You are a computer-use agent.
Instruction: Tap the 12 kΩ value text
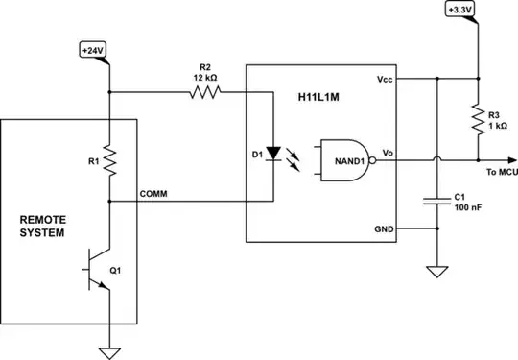tap(205, 76)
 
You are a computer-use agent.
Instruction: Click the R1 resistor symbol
tap(110, 161)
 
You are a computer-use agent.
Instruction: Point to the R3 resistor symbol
tap(477, 120)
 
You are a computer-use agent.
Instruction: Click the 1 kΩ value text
tap(499, 125)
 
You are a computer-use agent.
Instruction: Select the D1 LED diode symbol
tap(276, 153)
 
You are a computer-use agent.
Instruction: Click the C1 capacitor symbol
tap(436, 200)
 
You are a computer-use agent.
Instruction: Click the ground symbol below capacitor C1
tap(436, 272)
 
